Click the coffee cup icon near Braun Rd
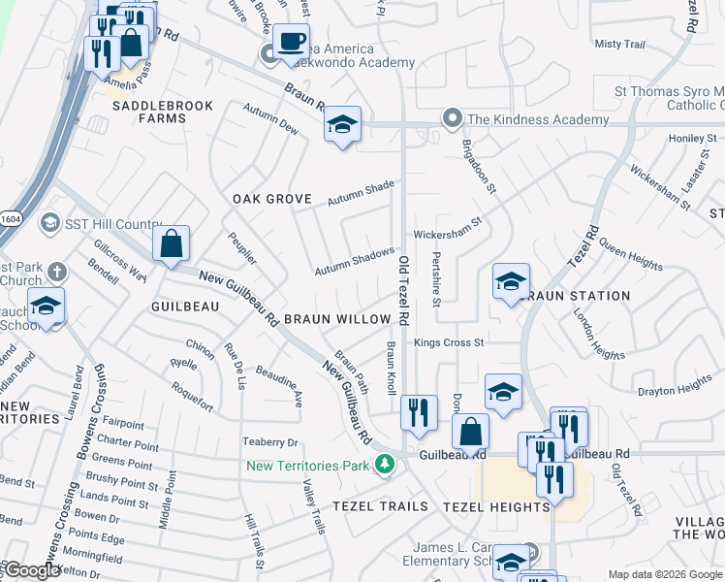(291, 42)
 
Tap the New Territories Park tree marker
(385, 466)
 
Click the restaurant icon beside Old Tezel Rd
(419, 413)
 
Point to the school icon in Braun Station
(511, 282)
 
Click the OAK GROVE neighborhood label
(271, 199)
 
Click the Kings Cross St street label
(448, 342)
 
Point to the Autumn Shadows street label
(354, 260)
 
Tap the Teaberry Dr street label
(268, 442)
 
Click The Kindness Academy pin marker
(451, 119)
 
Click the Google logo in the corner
(32, 570)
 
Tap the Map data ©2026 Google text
(664, 574)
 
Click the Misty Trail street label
(619, 45)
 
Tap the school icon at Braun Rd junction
(342, 124)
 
